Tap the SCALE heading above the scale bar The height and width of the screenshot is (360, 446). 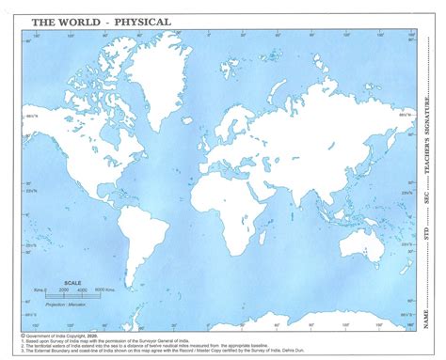pos(72,282)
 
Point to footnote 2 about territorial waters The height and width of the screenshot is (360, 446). pos(141,345)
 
